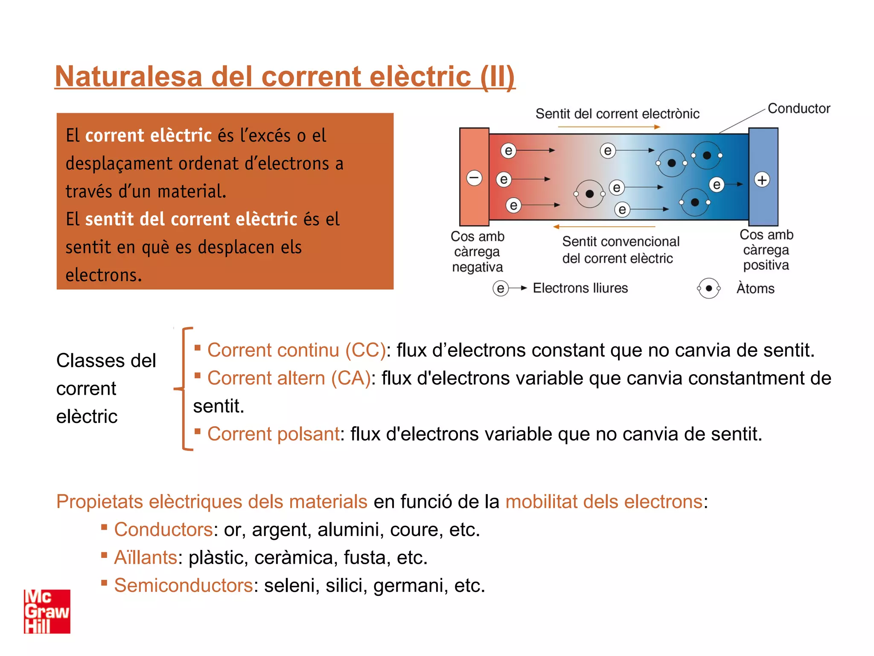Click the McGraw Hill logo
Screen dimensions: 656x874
click(x=47, y=611)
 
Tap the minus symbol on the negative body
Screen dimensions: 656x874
click(x=474, y=178)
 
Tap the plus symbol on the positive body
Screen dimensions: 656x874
click(x=762, y=180)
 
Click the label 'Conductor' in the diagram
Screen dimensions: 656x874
click(x=798, y=108)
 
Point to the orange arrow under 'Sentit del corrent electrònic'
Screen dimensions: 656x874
click(x=609, y=127)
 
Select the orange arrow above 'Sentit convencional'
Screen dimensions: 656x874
click(x=604, y=227)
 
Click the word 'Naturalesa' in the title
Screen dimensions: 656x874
click(x=128, y=77)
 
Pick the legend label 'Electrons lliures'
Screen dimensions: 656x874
click(x=580, y=288)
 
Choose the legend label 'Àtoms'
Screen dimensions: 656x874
click(x=755, y=289)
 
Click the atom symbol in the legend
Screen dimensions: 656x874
click(x=708, y=288)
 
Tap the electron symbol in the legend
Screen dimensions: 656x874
click(x=500, y=288)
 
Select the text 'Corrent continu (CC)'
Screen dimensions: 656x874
click(x=296, y=350)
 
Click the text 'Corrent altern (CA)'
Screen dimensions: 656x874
click(x=288, y=378)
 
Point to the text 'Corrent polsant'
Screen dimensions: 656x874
click(x=273, y=434)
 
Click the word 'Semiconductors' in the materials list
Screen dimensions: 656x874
click(x=184, y=586)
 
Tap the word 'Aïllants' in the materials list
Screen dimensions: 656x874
click(x=146, y=558)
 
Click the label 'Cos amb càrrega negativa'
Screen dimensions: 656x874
click(x=477, y=252)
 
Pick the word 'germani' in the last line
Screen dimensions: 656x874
click(x=410, y=586)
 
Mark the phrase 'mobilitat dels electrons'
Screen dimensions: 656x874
click(x=604, y=502)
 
